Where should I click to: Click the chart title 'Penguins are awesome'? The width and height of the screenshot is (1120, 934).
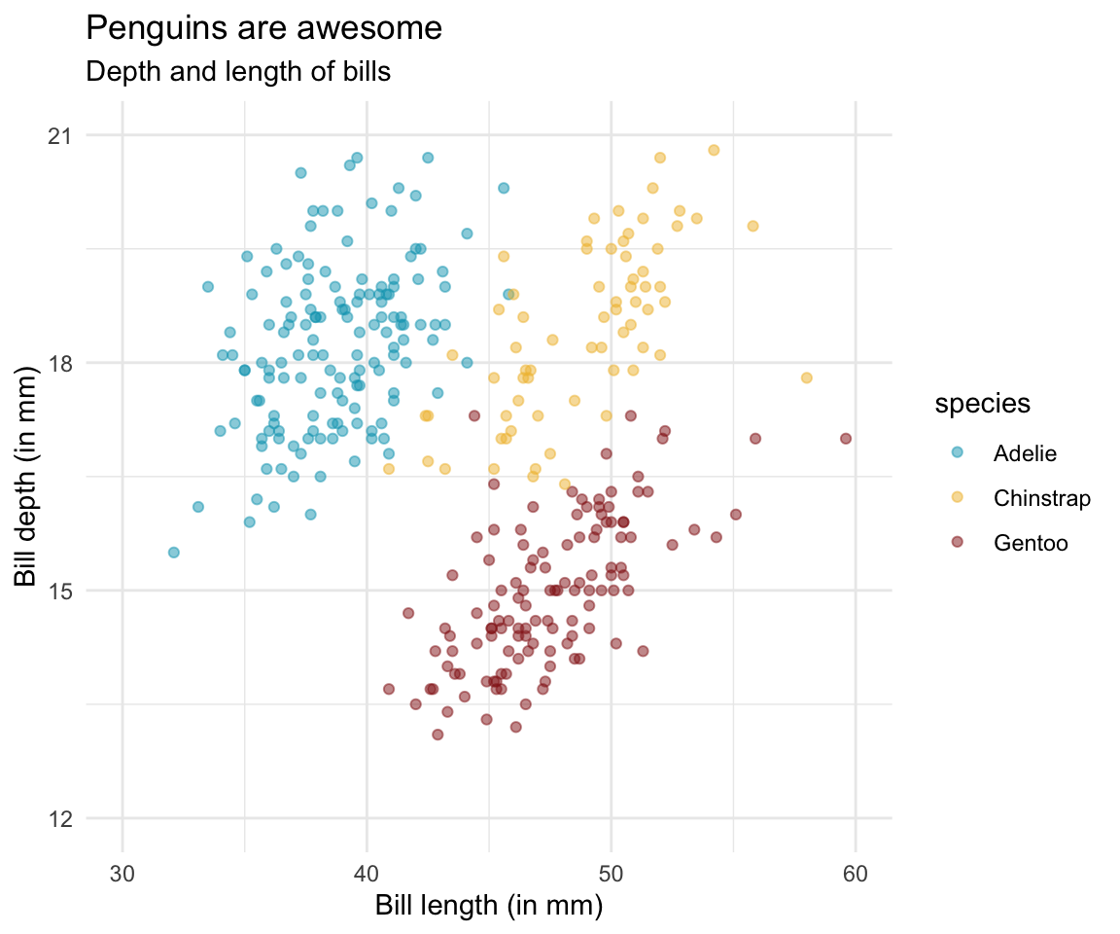(264, 29)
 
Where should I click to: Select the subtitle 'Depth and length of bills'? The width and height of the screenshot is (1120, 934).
(238, 71)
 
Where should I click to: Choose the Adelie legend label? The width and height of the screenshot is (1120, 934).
(1025, 453)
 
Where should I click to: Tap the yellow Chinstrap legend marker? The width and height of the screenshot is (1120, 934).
(957, 498)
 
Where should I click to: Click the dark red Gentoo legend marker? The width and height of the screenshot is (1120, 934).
(957, 543)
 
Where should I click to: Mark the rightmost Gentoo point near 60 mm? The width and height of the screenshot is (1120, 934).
(846, 439)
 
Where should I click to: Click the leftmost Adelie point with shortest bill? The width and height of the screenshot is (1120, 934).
(174, 553)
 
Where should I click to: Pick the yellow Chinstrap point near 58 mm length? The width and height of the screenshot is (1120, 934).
(806, 377)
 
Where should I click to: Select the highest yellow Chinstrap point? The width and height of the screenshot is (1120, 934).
(714, 150)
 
